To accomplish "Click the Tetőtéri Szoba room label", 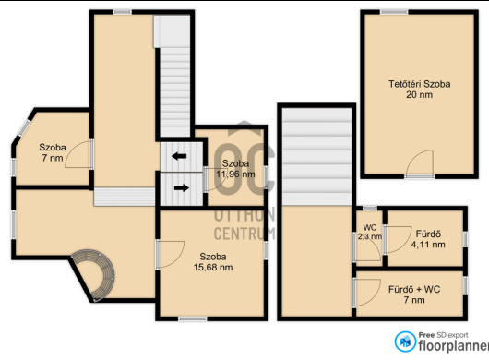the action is coord(419,84).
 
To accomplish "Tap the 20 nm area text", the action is coord(419,94).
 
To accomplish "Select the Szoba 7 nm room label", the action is coord(53,152).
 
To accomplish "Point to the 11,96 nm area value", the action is coord(235,174).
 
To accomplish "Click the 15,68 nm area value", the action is coord(213,268).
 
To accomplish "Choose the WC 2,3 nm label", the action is coord(370,232).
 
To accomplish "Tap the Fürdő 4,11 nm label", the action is coord(428,239).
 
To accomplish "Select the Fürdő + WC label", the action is coord(414,290).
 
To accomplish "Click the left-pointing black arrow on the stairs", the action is coord(179,156).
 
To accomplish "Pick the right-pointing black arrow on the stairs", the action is coord(181,187).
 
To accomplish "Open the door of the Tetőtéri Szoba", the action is coord(420,163).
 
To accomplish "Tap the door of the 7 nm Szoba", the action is coord(79,154).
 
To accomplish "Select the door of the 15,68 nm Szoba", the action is coord(170,254).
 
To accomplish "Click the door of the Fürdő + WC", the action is coord(366,292).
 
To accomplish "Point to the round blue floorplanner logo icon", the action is coord(405,342).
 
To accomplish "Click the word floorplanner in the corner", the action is coord(454,345).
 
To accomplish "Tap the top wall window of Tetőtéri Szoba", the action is coord(394,12).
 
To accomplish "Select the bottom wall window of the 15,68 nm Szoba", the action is coord(193,318).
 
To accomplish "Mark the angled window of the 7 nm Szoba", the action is coord(24,127).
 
